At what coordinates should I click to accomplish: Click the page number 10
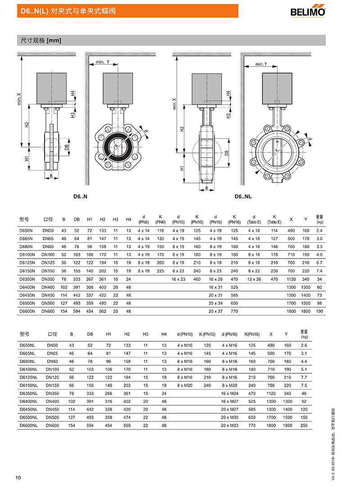coord(18,477)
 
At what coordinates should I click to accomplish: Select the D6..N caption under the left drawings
coord(81,197)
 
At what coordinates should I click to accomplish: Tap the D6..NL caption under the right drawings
coord(243,197)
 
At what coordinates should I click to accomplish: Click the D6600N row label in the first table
coord(27,311)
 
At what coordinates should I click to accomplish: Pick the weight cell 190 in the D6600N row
coord(319,311)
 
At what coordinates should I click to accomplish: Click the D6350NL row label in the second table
coord(28,393)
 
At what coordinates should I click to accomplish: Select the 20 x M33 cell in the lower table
coord(229,425)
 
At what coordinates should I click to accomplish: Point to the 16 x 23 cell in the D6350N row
coord(178,279)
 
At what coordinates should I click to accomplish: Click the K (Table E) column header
coord(274,219)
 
